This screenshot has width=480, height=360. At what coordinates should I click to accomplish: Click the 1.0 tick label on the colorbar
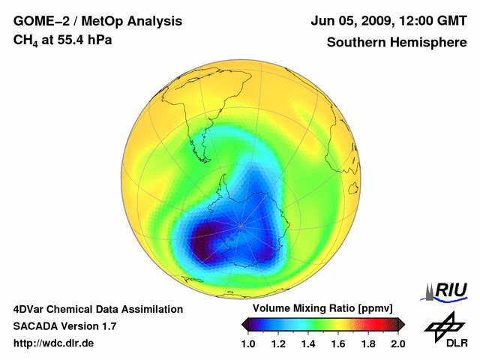(x=250, y=343)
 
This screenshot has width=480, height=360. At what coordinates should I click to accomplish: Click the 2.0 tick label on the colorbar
(x=397, y=343)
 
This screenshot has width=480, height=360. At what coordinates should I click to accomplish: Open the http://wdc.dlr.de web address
(x=55, y=343)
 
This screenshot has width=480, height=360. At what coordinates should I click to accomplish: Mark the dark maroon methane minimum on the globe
(x=201, y=243)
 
